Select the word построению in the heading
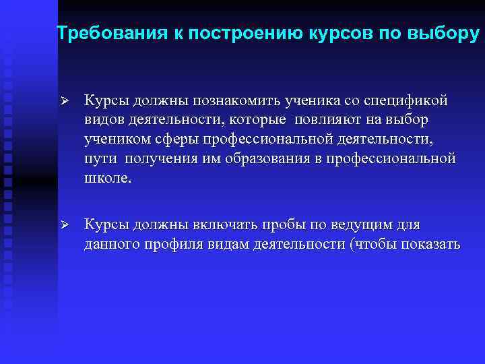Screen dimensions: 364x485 [x=240, y=33]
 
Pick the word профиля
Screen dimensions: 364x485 [x=167, y=244]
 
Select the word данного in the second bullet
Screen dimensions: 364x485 [x=108, y=244]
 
